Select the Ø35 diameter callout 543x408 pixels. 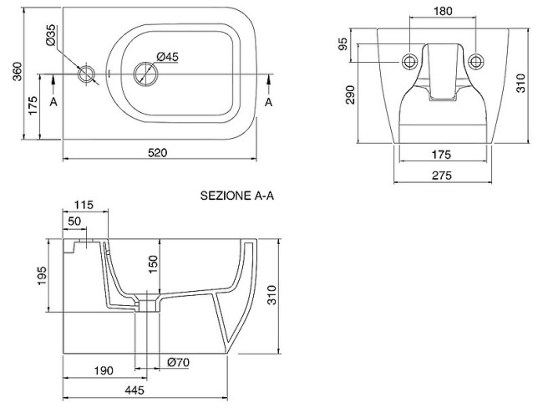click(x=52, y=35)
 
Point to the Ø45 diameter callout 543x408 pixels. click(x=169, y=56)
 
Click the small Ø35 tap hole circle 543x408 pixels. click(x=86, y=74)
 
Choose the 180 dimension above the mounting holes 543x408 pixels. click(x=443, y=11)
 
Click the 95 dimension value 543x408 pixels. click(x=343, y=44)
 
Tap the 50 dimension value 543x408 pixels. click(x=74, y=221)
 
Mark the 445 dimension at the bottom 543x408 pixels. click(x=135, y=390)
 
